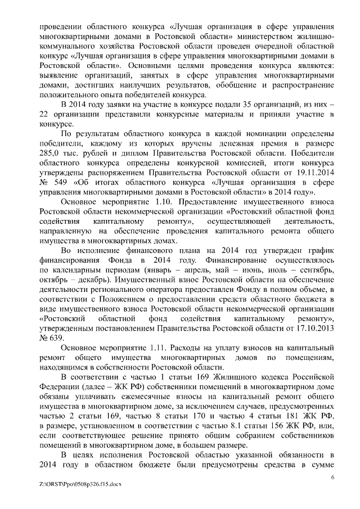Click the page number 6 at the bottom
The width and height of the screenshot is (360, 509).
[332, 477]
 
